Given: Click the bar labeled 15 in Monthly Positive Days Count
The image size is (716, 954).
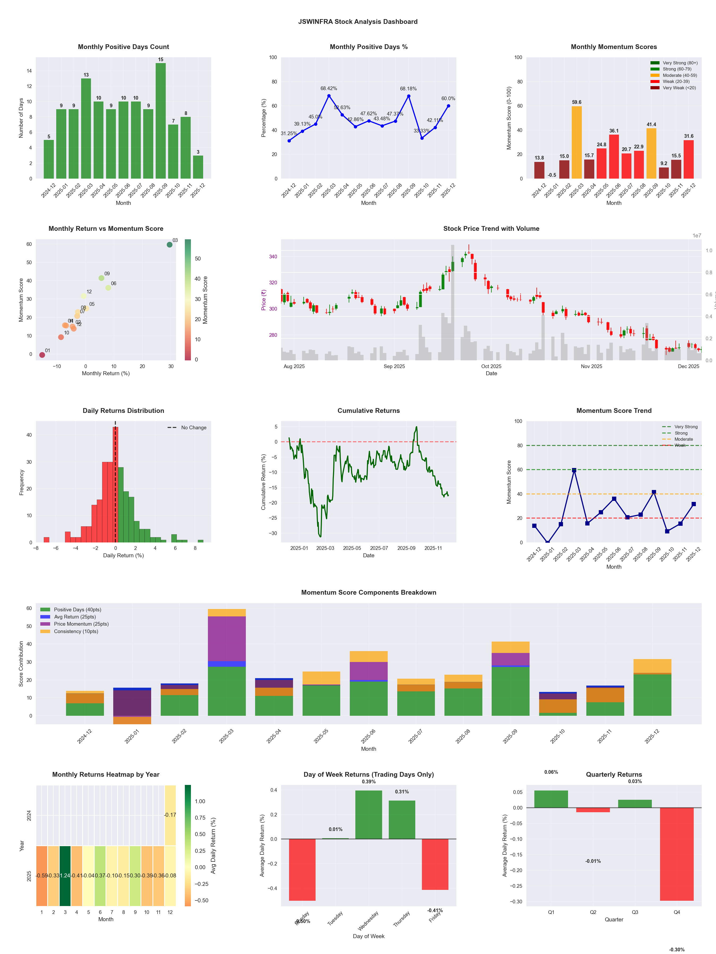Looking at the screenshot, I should tap(160, 121).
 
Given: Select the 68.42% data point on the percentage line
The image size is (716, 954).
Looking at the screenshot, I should tap(329, 96).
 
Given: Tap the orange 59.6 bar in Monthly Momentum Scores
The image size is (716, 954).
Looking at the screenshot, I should tap(577, 142).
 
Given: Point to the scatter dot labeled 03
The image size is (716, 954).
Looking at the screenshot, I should tap(170, 245).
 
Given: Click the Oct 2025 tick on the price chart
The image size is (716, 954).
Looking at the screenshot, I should tap(491, 366).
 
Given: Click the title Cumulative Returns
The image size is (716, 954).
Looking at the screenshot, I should tap(369, 410).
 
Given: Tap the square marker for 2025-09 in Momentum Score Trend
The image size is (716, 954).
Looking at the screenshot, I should tap(654, 492).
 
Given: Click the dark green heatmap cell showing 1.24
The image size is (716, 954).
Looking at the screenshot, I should tap(65, 876).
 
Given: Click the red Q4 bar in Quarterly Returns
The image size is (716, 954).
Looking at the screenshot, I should tap(677, 854).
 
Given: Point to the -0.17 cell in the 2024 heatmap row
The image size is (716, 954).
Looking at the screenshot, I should tap(170, 815).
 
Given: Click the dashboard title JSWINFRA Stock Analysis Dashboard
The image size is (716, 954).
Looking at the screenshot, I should tap(358, 21).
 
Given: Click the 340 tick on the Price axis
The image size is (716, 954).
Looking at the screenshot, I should tap(273, 257).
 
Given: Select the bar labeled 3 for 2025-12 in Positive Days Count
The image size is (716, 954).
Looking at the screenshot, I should tap(198, 167).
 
